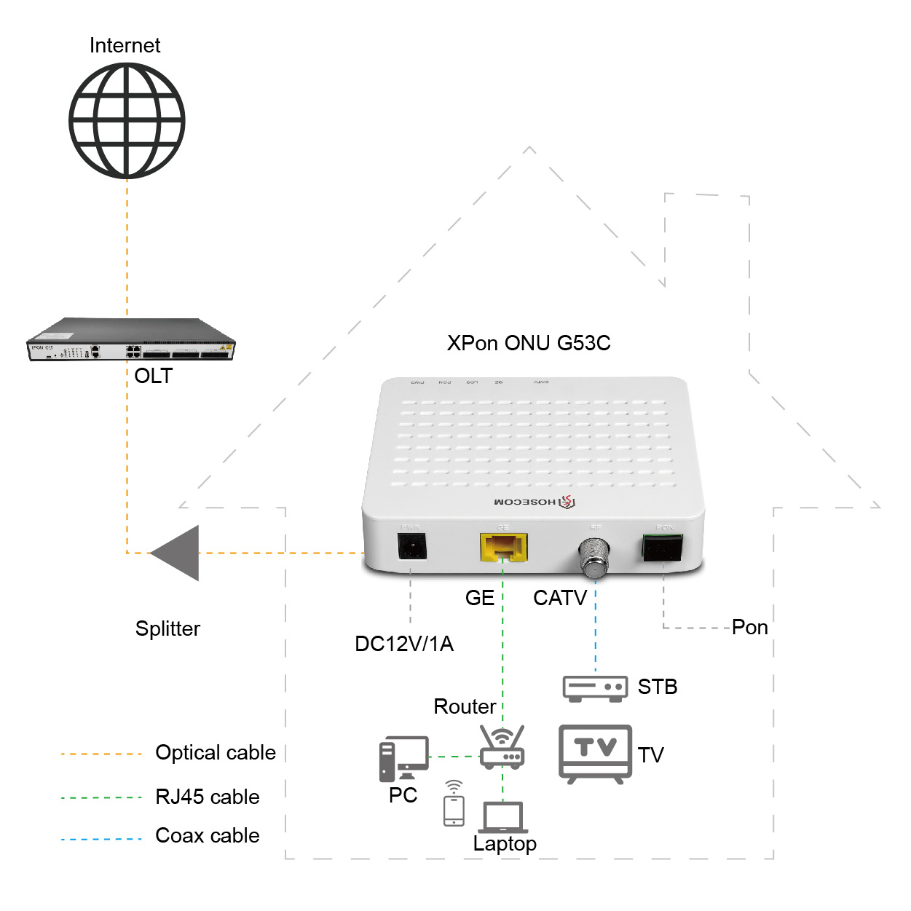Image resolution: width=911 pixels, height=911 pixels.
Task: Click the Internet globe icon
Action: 127,121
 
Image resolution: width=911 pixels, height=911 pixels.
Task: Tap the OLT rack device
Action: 131,340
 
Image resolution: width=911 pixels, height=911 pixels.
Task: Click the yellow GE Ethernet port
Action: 503,548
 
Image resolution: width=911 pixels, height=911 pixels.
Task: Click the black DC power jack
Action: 411,546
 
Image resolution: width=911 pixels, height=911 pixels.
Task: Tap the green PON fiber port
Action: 662,548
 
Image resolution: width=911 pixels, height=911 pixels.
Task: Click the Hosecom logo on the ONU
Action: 535,502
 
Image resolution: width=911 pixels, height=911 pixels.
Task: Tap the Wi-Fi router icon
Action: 502,748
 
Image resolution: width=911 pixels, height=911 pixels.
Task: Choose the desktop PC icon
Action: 403,758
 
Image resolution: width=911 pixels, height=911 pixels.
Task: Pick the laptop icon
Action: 502,819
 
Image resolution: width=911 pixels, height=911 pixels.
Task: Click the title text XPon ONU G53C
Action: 529,343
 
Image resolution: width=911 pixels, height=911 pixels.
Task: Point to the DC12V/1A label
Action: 404,644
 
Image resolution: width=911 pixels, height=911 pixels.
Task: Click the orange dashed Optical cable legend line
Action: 101,754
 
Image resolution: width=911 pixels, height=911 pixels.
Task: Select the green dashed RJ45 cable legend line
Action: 101,798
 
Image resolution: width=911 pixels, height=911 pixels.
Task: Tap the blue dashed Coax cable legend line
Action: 101,840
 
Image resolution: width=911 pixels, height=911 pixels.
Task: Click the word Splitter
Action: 167,628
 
